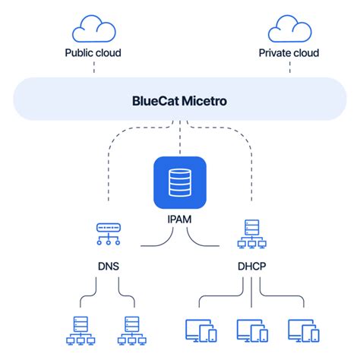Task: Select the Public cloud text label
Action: pyautogui.click(x=93, y=53)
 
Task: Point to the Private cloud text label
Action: pyautogui.click(x=289, y=53)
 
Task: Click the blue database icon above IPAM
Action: pyautogui.click(x=179, y=182)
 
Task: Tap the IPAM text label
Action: pyautogui.click(x=179, y=219)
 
